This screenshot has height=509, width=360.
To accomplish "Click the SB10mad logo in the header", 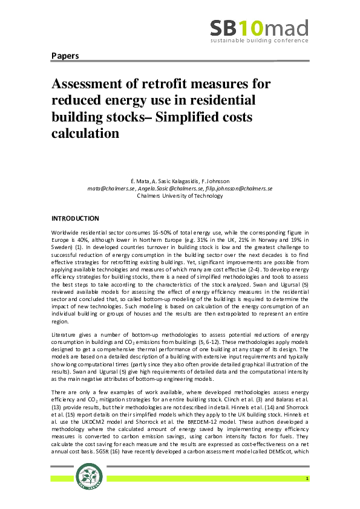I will pos(259,28).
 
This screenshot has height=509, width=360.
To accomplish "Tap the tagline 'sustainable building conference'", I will pos(259,42).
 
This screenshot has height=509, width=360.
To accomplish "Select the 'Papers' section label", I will pos(65,56).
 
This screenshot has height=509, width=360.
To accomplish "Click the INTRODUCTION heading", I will pos(75,218).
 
